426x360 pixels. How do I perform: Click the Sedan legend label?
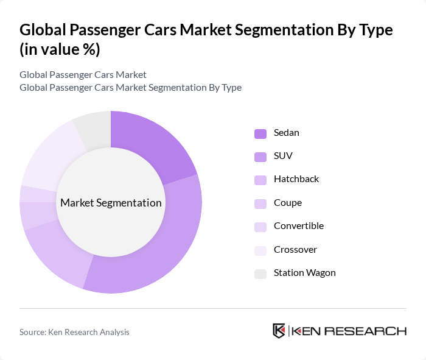(x=286, y=133)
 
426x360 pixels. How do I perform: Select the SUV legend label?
(x=283, y=156)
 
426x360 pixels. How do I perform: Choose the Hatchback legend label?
(x=296, y=179)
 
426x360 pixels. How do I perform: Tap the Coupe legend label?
(x=287, y=203)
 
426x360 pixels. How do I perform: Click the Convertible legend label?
(x=298, y=226)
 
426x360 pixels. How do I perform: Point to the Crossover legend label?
(x=295, y=250)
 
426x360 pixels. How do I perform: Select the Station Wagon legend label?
(x=304, y=273)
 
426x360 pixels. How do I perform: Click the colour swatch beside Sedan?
(x=260, y=133)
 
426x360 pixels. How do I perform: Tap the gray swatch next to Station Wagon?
(x=260, y=274)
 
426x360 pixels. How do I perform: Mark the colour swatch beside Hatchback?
(x=260, y=180)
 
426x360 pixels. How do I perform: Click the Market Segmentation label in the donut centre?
(x=111, y=203)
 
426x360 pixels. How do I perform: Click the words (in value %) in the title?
(x=60, y=49)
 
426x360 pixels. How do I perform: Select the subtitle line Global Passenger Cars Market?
(x=83, y=75)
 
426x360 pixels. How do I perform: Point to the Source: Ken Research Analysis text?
(x=74, y=332)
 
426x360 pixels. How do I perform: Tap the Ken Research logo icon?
(x=279, y=331)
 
